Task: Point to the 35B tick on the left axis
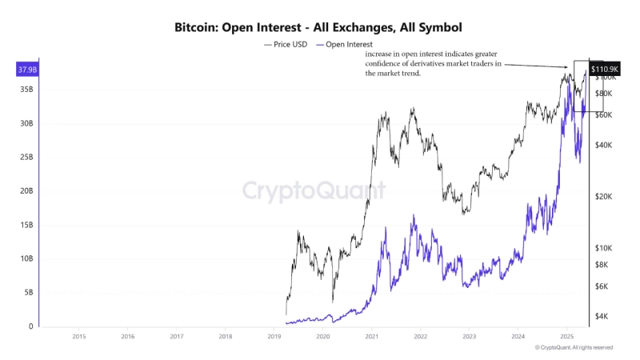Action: pyautogui.click(x=26, y=90)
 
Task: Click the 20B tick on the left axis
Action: pyautogui.click(x=26, y=191)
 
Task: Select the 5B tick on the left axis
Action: pyautogui.click(x=28, y=293)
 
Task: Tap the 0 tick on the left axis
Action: pyautogui.click(x=31, y=326)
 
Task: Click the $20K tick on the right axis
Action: pyautogui.click(x=602, y=197)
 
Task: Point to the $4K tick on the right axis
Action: pyautogui.click(x=602, y=317)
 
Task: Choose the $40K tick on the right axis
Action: pyautogui.click(x=602, y=145)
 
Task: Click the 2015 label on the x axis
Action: pyautogui.click(x=79, y=337)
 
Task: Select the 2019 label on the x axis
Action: pyautogui.click(x=274, y=337)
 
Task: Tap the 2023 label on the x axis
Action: pyautogui.click(x=470, y=337)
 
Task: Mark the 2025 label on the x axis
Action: pyautogui.click(x=566, y=337)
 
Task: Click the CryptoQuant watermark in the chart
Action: pyautogui.click(x=314, y=190)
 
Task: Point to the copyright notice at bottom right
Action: pyautogui.click(x=574, y=348)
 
